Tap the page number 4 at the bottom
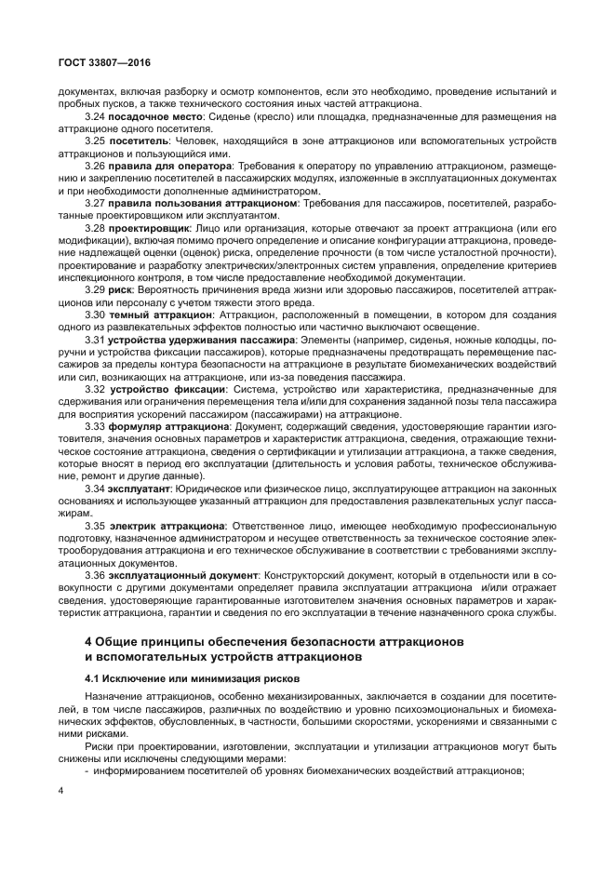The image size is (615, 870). [60, 791]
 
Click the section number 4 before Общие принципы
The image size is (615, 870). [88, 644]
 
